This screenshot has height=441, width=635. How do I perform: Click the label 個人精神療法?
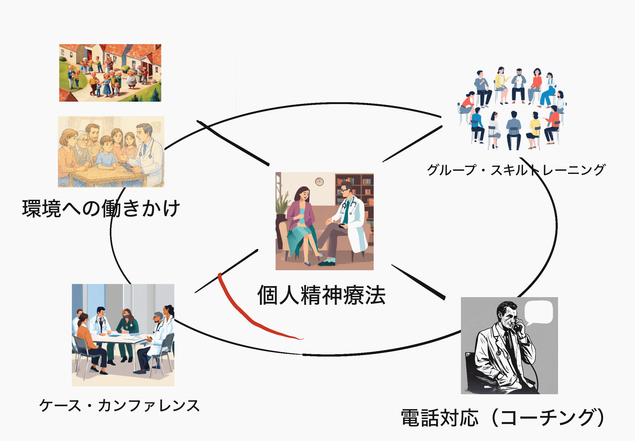pyautogui.click(x=321, y=295)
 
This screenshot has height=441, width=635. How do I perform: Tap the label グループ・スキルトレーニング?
pyautogui.click(x=516, y=170)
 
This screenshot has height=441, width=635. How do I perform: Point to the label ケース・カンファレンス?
pyautogui.click(x=119, y=405)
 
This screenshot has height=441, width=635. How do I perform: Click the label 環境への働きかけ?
pyautogui.click(x=101, y=208)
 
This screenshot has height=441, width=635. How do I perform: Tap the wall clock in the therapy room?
pyautogui.click(x=319, y=182)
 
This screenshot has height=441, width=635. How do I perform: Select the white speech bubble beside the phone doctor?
pyautogui.click(x=538, y=312)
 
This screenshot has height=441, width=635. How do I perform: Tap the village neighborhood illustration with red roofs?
pyautogui.click(x=110, y=73)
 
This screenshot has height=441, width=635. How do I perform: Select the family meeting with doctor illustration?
pyautogui.click(x=111, y=151)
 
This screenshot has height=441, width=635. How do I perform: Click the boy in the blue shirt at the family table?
pyautogui.click(x=106, y=153)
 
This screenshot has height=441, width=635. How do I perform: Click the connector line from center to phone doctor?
pyautogui.click(x=418, y=282)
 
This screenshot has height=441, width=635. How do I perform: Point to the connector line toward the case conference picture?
pyautogui.click(x=226, y=271)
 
